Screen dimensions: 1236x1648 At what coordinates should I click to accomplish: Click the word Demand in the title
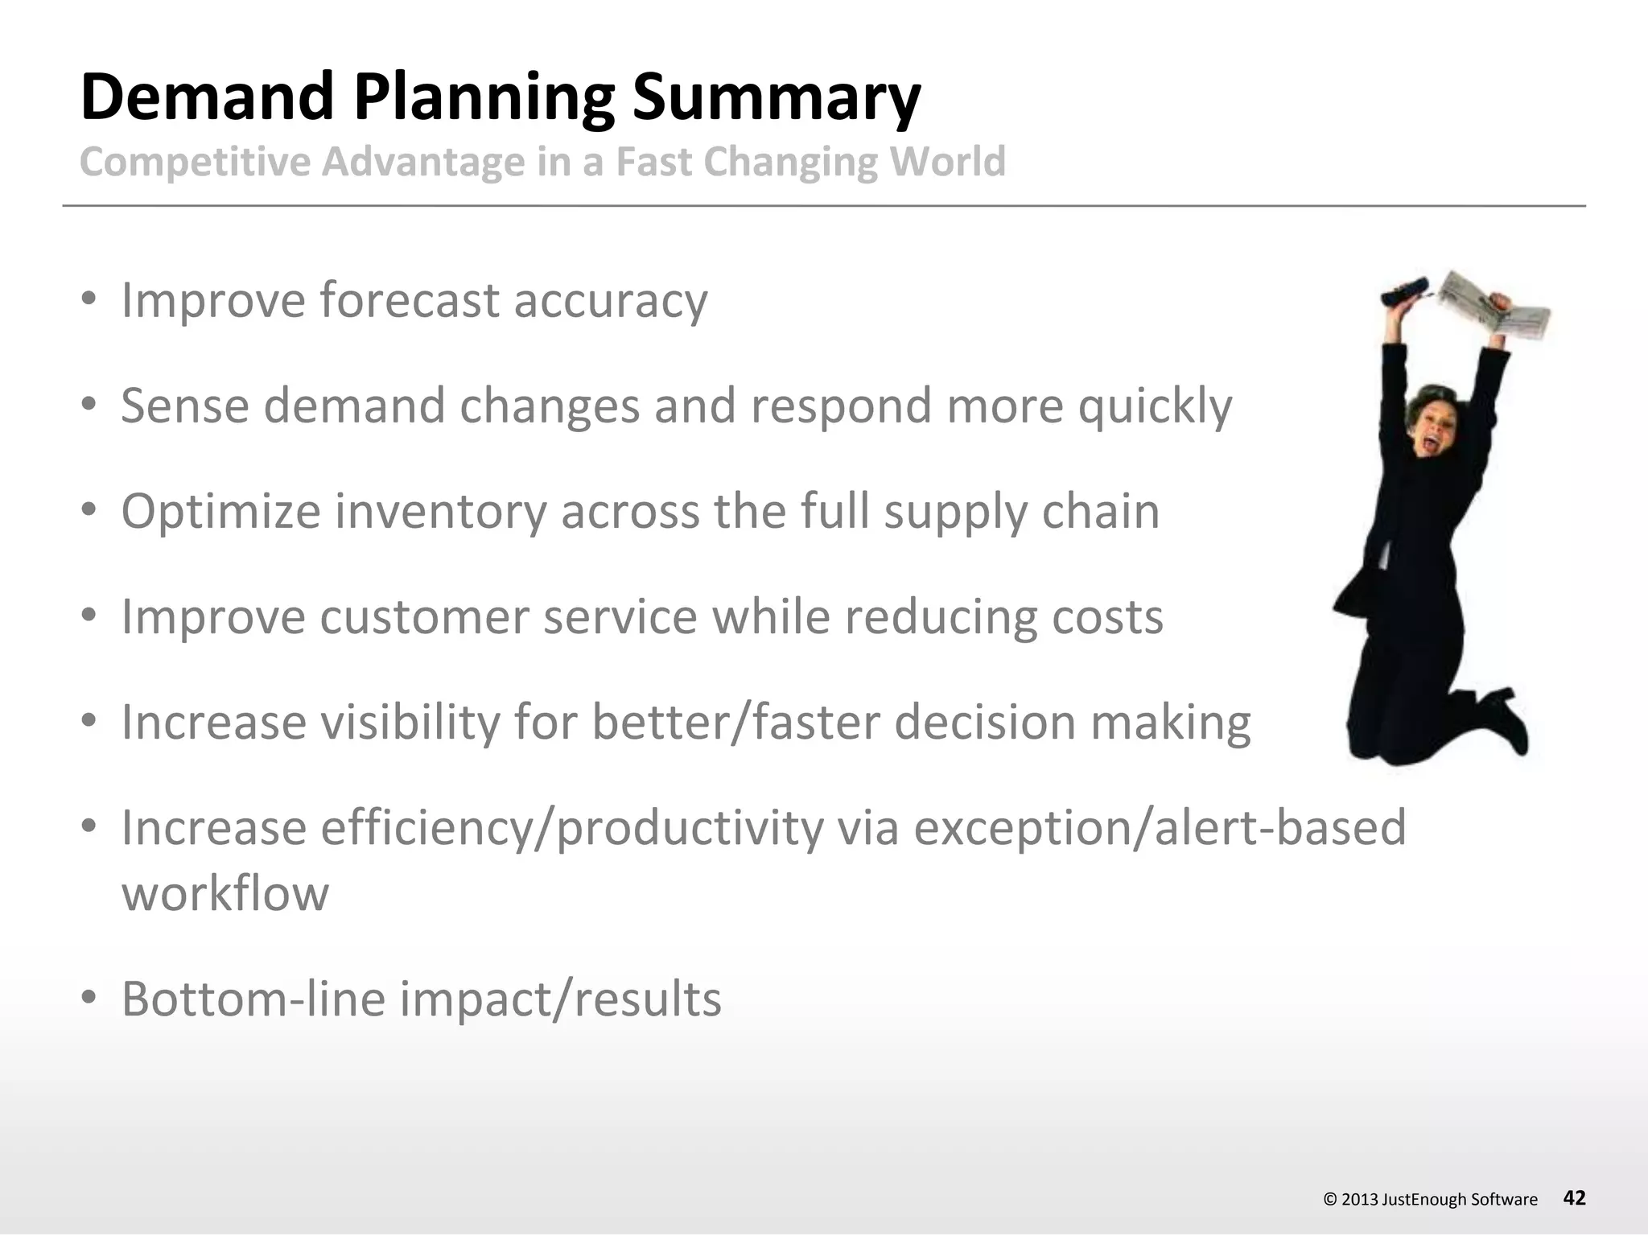pyautogui.click(x=208, y=97)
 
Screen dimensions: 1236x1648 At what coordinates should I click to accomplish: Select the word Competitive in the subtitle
pyautogui.click(x=195, y=162)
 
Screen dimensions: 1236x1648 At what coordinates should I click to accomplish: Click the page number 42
pyautogui.click(x=1574, y=1197)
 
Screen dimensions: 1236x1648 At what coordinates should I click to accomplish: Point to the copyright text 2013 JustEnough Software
pyautogui.click(x=1430, y=1199)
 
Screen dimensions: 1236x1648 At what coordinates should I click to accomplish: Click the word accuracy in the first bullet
pyautogui.click(x=611, y=301)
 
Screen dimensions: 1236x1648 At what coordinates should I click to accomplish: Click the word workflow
pyautogui.click(x=225, y=893)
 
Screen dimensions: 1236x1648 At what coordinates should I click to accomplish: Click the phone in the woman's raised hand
pyautogui.click(x=1404, y=292)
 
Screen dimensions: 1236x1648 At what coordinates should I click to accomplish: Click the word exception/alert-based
pyautogui.click(x=1159, y=828)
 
